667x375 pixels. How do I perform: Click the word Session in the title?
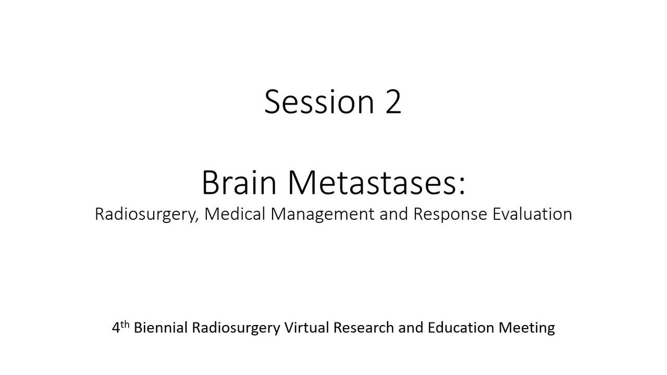[x=319, y=102]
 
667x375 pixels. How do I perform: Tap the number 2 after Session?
[x=393, y=102]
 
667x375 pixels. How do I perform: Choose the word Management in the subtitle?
[x=323, y=214]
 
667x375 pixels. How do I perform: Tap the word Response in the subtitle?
[x=450, y=214]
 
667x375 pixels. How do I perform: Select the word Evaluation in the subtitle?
[x=533, y=214]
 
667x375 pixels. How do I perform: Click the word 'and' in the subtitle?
[x=393, y=214]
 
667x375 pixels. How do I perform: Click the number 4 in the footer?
[x=116, y=328]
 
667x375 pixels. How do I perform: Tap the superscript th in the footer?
[x=125, y=324]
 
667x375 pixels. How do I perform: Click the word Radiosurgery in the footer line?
[x=236, y=328]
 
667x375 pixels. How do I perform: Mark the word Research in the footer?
[x=364, y=328]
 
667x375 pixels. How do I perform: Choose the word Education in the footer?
[x=461, y=328]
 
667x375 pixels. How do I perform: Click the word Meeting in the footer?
[x=527, y=328]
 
